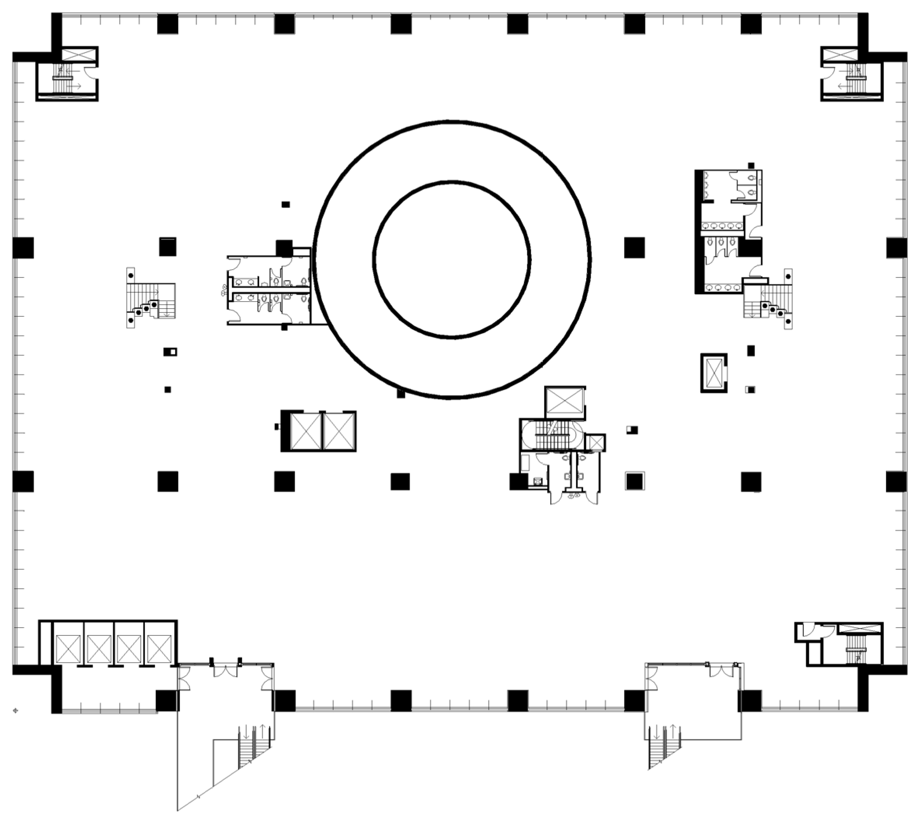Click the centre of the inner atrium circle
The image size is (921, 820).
[x=452, y=259]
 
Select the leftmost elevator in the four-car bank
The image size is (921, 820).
[x=68, y=649]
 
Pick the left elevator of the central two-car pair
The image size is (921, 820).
[x=306, y=431]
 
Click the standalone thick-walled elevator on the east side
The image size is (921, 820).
[x=714, y=373]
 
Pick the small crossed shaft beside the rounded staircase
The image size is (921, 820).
[x=595, y=443]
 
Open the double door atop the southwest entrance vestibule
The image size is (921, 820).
[x=225, y=671]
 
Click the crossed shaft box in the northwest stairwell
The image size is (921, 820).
[x=79, y=56]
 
